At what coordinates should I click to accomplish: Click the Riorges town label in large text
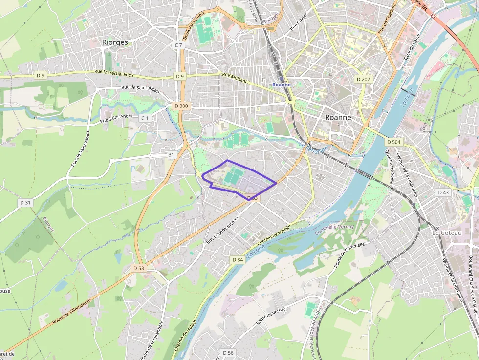(x=115, y=42)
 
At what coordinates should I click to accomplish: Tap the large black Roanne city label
(x=339, y=118)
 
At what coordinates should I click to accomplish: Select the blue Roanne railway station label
(x=282, y=85)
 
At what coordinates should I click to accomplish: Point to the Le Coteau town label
(x=447, y=233)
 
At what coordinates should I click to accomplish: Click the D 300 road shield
(x=180, y=106)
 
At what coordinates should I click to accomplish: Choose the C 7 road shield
(x=178, y=45)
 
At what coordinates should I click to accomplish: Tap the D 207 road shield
(x=363, y=79)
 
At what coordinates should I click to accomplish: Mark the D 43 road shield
(x=443, y=193)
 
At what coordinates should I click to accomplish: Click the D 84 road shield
(x=238, y=259)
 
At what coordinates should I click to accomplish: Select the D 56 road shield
(x=228, y=353)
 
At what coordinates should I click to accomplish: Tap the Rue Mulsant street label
(x=235, y=78)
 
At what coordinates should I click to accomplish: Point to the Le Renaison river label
(x=312, y=148)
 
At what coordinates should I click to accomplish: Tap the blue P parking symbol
(x=133, y=168)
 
